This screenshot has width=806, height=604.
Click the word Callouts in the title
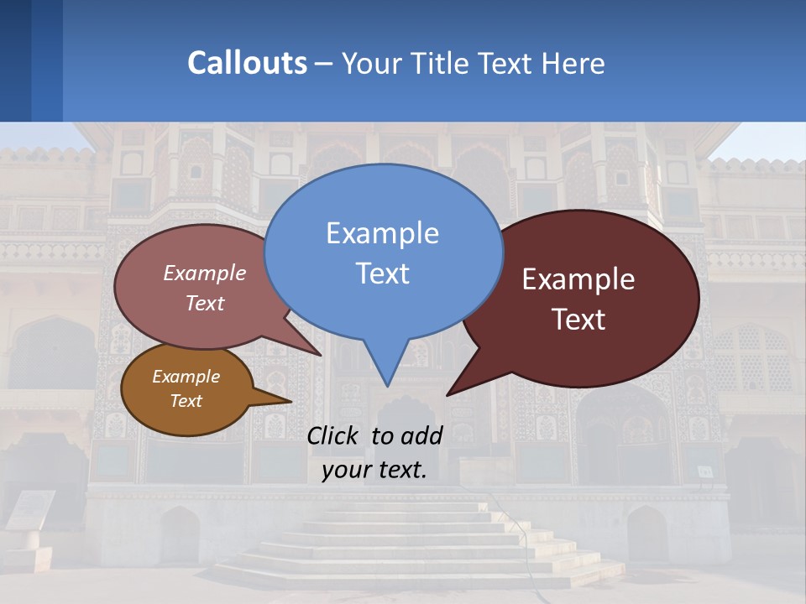click(x=248, y=63)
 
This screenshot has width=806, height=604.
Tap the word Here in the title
click(x=573, y=63)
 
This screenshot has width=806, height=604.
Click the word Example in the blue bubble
click(x=382, y=233)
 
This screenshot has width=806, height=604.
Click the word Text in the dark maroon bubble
click(x=578, y=320)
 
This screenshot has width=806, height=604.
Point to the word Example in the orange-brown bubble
click(x=186, y=377)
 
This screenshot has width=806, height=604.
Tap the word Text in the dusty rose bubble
click(x=205, y=304)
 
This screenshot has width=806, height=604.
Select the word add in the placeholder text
click(x=421, y=435)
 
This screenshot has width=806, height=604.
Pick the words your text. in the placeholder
click(x=374, y=470)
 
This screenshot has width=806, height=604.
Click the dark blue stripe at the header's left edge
click(x=15, y=60)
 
